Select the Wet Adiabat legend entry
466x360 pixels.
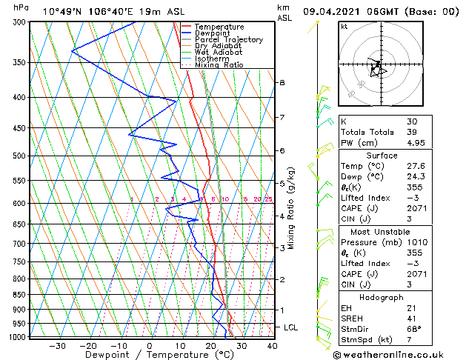[219, 52]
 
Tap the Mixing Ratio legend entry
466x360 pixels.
[219, 64]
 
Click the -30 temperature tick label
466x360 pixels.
[57, 345]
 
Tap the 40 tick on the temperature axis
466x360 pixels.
[272, 345]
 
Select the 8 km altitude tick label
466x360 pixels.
[282, 82]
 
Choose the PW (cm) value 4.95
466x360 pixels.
[415, 143]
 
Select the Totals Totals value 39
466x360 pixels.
[411, 132]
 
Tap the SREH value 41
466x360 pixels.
[411, 319]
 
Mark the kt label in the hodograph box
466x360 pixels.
[344, 26]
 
